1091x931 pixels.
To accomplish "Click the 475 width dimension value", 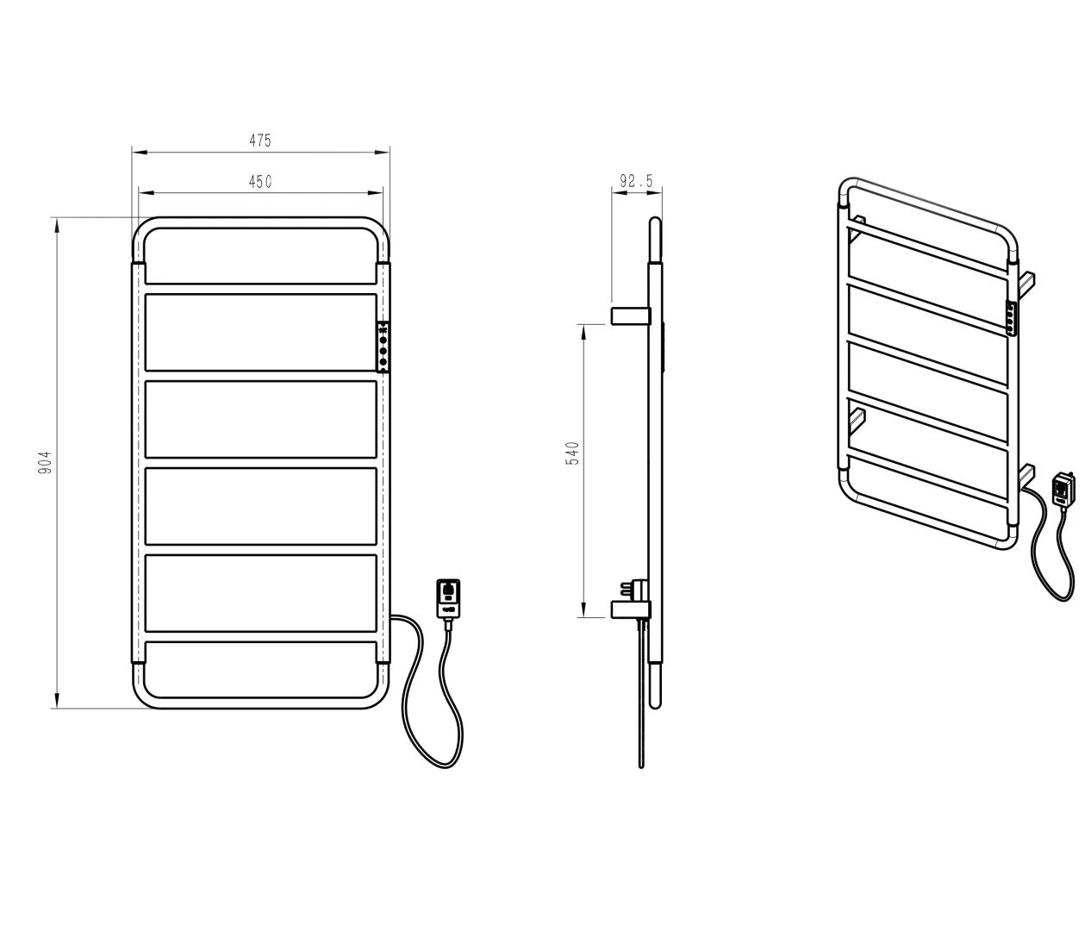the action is click(x=260, y=141).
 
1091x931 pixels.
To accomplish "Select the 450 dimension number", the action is click(x=260, y=182).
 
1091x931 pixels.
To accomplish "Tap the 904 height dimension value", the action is click(x=46, y=462).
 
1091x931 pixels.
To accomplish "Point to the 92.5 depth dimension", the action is click(x=636, y=181).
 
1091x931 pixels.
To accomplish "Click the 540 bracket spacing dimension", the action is click(x=573, y=453).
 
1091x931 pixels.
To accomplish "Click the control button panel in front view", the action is click(x=383, y=347).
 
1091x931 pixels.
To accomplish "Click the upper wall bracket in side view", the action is click(x=631, y=316).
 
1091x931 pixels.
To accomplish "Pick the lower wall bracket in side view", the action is click(x=631, y=609).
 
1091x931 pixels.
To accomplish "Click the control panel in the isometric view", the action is click(x=1012, y=318).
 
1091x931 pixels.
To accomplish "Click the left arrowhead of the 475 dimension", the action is click(x=139, y=153).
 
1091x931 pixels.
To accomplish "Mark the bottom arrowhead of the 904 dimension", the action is click(x=57, y=702).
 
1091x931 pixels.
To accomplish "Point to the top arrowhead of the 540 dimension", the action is click(x=583, y=331).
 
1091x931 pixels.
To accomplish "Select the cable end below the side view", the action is click(x=641, y=765).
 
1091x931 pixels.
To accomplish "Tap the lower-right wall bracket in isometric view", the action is click(x=1026, y=474).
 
